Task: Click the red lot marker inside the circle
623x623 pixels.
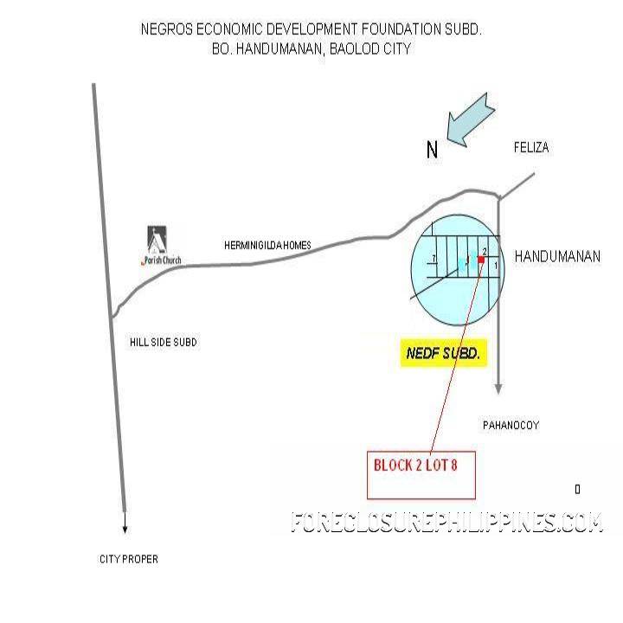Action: click(482, 259)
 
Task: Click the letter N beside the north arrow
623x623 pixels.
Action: click(433, 151)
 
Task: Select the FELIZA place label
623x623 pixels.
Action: click(530, 148)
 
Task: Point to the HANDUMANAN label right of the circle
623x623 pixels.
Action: click(557, 257)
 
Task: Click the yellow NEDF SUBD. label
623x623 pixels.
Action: click(443, 354)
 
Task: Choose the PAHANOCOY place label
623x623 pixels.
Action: click(511, 425)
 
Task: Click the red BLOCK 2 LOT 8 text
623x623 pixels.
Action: click(414, 466)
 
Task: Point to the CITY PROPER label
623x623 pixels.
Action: click(128, 560)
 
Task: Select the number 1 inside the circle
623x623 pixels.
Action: click(495, 266)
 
